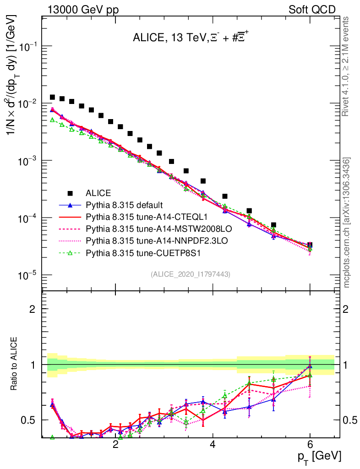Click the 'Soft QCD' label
pyautogui.click(x=312, y=10)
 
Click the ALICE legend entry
pyautogui.click(x=98, y=193)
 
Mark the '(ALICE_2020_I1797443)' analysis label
pyautogui.click(x=191, y=274)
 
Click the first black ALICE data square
pyautogui.click(x=52, y=97)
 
